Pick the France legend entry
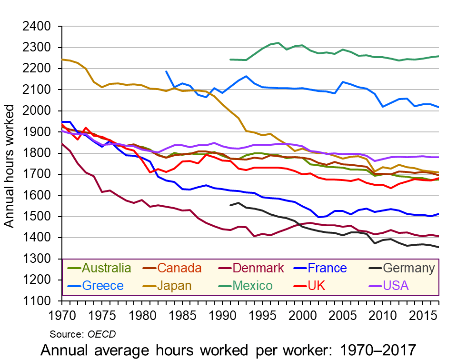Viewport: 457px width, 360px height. point(327,268)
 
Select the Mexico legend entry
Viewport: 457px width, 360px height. point(252,286)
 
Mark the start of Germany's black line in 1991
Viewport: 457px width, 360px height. point(230,205)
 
